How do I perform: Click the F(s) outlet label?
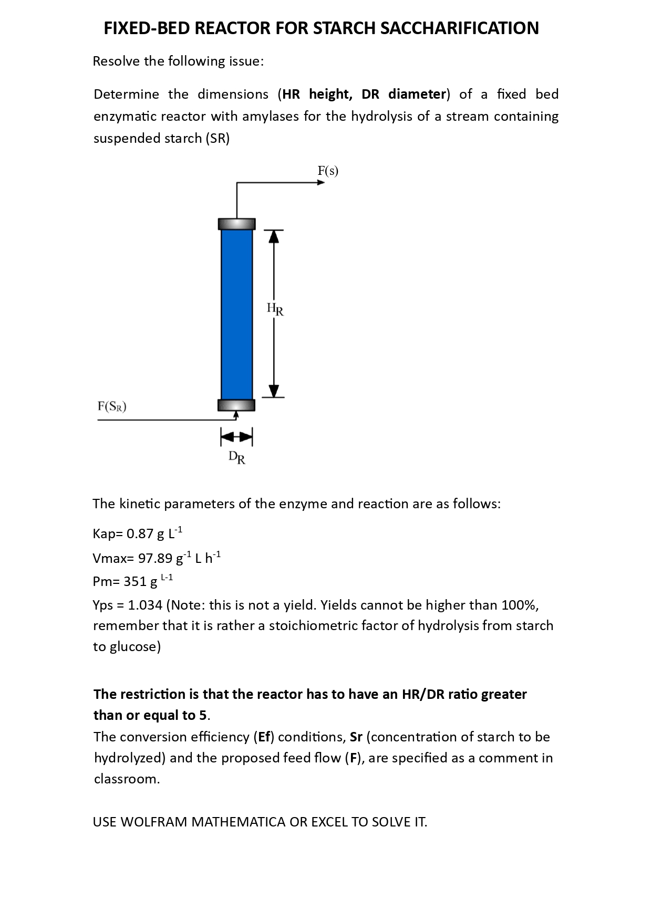click(x=328, y=171)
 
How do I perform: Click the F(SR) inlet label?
click(x=112, y=406)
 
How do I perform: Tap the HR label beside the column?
click(x=275, y=309)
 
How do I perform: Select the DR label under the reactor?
click(x=237, y=458)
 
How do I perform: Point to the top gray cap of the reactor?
click(x=236, y=224)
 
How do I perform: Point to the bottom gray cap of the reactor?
click(x=236, y=405)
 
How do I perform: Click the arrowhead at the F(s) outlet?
click(x=320, y=183)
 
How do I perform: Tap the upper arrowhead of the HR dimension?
click(x=273, y=237)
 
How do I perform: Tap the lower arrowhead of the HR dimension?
click(x=273, y=391)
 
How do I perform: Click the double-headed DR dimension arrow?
click(x=236, y=436)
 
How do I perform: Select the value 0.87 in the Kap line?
click(x=140, y=534)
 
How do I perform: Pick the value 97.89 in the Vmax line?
click(x=155, y=558)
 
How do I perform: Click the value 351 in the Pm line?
click(x=134, y=582)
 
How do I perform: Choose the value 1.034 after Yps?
click(x=145, y=605)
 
